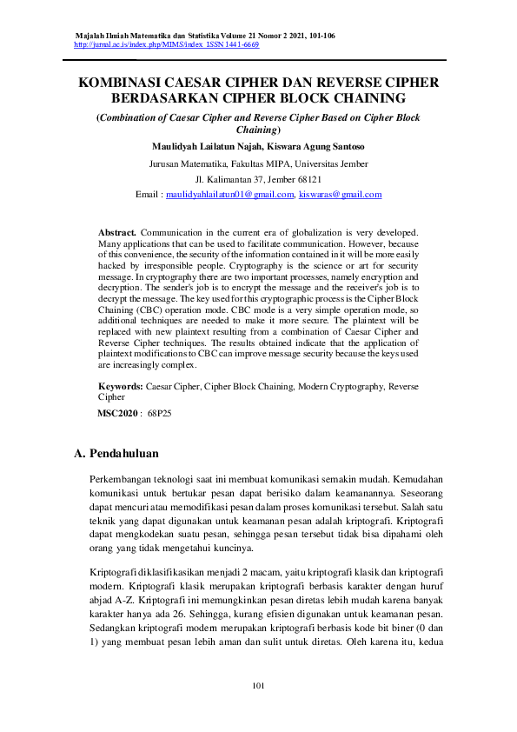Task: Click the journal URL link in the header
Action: click(x=130, y=43)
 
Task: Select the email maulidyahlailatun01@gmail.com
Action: click(x=230, y=195)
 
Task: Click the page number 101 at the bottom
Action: click(x=258, y=686)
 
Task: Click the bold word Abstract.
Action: click(x=117, y=233)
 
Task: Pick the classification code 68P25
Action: click(x=160, y=414)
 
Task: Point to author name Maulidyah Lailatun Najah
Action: click(x=205, y=146)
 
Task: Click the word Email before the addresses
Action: click(x=149, y=195)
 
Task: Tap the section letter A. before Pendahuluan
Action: click(x=80, y=454)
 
